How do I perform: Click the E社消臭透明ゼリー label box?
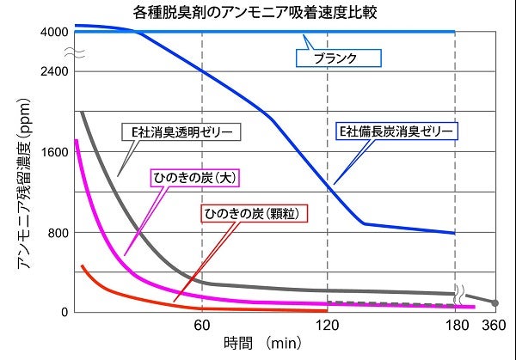[180, 131]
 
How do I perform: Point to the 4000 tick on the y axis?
[53, 32]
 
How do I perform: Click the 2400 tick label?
[53, 72]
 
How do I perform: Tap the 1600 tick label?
[53, 152]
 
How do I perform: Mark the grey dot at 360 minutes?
[494, 302]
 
